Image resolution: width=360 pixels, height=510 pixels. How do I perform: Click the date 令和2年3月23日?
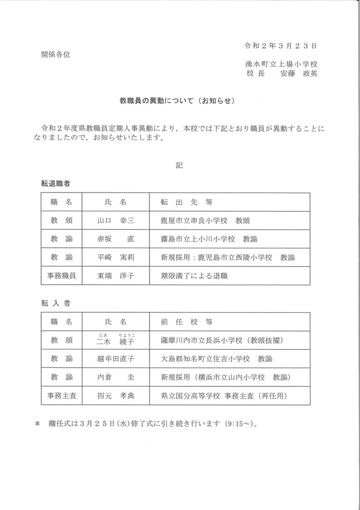[x=280, y=46]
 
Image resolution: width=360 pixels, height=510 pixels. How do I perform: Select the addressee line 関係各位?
[x=55, y=55]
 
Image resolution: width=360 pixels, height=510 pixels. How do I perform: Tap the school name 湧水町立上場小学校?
[x=282, y=64]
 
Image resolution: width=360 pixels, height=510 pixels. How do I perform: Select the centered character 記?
[x=179, y=165]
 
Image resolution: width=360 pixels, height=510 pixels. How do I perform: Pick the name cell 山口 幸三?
[x=115, y=220]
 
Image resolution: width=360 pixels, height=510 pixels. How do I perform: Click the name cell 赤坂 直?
[x=115, y=239]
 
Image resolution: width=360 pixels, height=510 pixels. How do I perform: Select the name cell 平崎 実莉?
[x=115, y=257]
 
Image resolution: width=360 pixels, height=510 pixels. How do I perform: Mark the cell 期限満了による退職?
[x=194, y=275]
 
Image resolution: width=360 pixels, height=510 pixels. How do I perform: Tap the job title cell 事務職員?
[x=61, y=275]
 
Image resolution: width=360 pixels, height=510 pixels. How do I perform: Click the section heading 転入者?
[x=58, y=303]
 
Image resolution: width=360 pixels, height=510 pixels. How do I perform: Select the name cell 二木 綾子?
[x=115, y=340]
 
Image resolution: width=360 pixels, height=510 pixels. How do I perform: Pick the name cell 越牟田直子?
[x=115, y=359]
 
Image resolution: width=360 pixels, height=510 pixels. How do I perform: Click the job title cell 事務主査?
[x=61, y=395]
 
